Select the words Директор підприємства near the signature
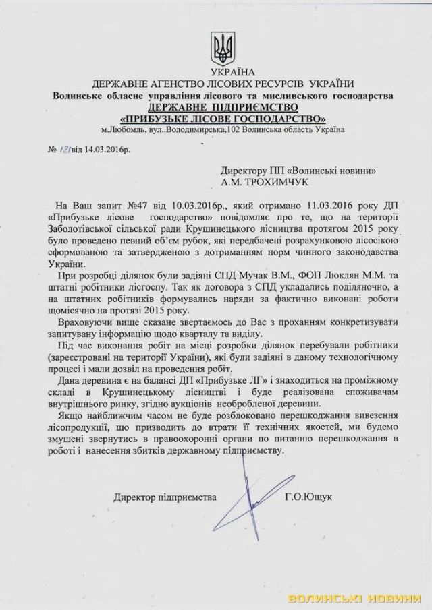165,497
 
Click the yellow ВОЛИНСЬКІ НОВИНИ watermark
358,599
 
